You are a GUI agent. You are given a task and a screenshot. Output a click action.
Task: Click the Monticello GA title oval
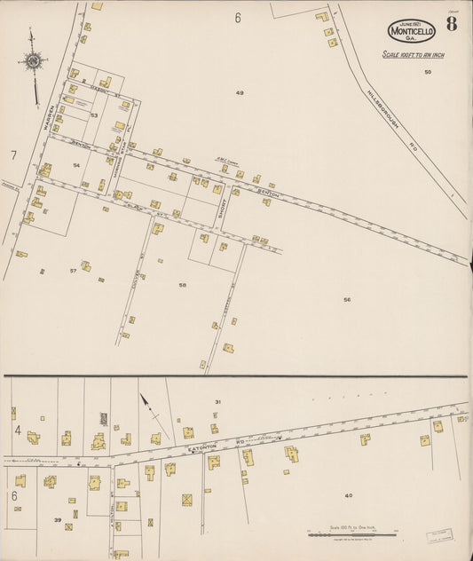[x=412, y=31]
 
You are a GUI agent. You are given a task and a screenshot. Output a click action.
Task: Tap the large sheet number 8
[x=452, y=24]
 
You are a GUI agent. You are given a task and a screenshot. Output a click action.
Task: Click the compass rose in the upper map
[x=34, y=61]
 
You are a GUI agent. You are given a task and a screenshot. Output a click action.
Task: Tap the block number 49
[x=240, y=92]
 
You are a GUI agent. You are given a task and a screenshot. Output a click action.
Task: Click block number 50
[x=427, y=72]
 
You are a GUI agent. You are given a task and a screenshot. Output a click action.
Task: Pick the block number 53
[x=93, y=115]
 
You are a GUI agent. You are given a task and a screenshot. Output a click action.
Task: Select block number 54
[x=76, y=165]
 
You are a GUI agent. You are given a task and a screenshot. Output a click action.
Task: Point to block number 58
[x=182, y=285]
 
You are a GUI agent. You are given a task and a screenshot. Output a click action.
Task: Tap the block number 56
[x=347, y=299]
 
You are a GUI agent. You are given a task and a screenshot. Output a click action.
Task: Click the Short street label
[x=224, y=208]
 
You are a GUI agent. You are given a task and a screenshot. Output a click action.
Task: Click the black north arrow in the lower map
[x=146, y=409]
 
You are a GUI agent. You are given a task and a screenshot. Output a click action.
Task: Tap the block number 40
[x=348, y=495]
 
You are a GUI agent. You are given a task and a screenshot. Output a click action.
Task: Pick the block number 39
[x=58, y=520]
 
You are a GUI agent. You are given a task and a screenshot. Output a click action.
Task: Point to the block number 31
[x=217, y=402]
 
